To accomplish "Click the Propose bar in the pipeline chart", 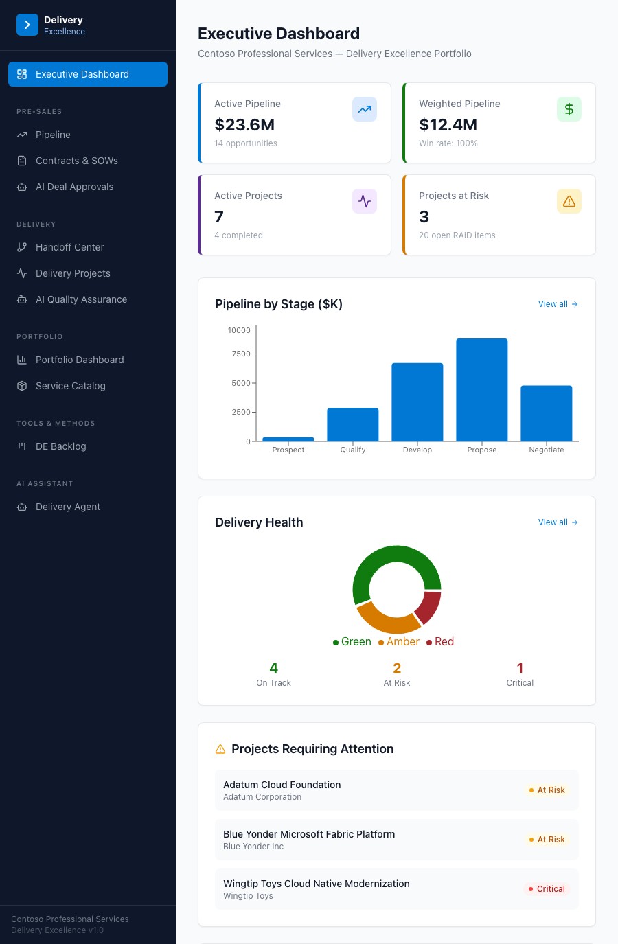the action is (481, 390).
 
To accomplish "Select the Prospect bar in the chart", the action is (288, 439).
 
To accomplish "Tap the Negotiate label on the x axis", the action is (547, 450).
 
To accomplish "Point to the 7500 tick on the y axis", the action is (241, 354).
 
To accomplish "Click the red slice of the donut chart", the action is (428, 608).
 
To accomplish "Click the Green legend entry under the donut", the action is (352, 641).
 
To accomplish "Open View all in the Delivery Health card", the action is (558, 522).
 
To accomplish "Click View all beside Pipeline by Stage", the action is (558, 304).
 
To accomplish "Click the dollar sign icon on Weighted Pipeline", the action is (569, 109).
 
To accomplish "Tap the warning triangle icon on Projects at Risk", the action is (569, 201).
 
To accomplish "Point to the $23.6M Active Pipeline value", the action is (244, 125).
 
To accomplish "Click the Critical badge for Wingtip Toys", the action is (547, 889).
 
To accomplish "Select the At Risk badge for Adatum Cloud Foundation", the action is (547, 790).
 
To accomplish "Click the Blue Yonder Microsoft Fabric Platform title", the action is (309, 834).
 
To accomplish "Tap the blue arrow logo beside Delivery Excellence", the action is (27, 25).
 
